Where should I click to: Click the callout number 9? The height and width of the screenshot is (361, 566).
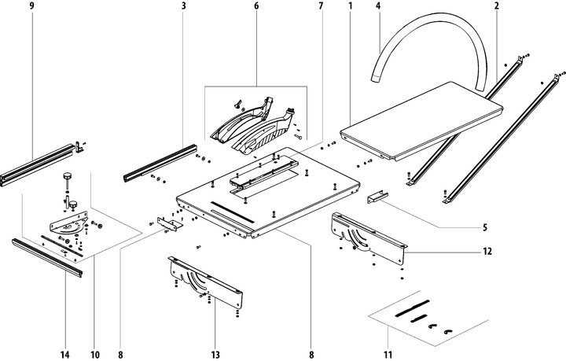(x=32, y=6)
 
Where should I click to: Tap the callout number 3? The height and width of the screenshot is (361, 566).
(x=182, y=6)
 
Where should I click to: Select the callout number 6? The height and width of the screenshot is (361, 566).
(x=256, y=6)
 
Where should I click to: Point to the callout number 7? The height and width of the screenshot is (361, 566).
(x=321, y=6)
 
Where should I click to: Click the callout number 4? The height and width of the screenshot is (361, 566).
(x=378, y=6)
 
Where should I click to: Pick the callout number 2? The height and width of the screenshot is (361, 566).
(x=497, y=6)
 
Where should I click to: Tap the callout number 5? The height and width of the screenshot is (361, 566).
(x=485, y=228)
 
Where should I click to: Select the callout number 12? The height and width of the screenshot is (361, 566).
(x=487, y=252)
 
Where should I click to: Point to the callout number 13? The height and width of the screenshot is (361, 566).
(x=215, y=354)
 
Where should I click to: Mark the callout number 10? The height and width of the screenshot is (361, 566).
(x=95, y=354)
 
